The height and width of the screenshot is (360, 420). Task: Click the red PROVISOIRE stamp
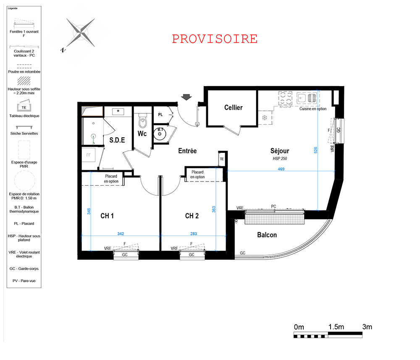click(x=215, y=39)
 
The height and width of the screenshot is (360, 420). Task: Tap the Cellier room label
click(x=233, y=108)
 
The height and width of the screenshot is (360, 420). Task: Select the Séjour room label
click(x=280, y=151)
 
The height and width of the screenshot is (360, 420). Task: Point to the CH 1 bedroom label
click(x=107, y=216)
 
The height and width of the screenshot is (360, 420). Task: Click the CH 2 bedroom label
click(x=192, y=216)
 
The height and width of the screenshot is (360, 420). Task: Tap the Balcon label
click(x=267, y=235)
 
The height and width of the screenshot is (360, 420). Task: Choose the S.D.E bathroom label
click(x=117, y=140)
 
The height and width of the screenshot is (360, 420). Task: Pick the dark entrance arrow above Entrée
click(x=186, y=97)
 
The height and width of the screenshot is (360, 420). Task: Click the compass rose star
click(x=80, y=33)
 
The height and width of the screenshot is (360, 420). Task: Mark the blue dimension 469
click(x=281, y=169)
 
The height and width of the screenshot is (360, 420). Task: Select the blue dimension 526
click(x=315, y=150)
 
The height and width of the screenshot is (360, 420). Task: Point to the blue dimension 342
click(x=121, y=234)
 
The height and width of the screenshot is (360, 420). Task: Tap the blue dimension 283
click(x=193, y=234)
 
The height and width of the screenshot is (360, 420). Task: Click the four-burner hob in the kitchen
click(x=285, y=98)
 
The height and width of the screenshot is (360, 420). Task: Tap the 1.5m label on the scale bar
click(x=336, y=327)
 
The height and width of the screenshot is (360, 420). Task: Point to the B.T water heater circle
click(x=160, y=134)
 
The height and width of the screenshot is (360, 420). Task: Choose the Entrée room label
click(x=187, y=151)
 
